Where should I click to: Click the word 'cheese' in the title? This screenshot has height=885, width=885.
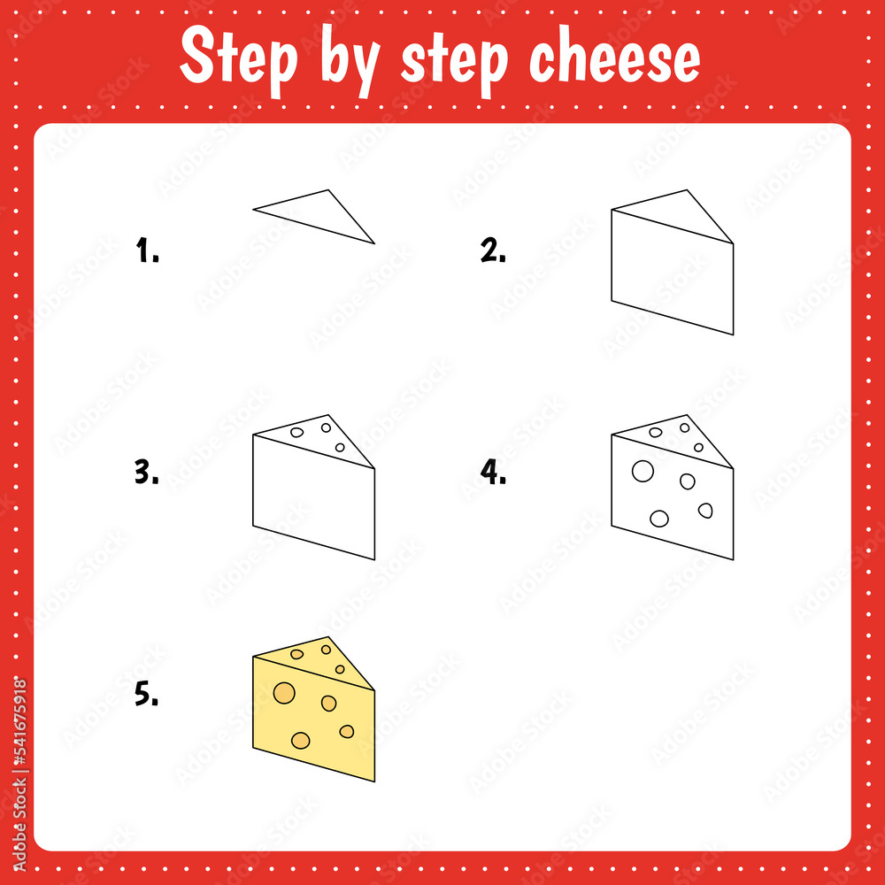[x=614, y=59]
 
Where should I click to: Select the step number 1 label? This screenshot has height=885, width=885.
[x=147, y=252]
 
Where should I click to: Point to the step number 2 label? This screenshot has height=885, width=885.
[x=493, y=252]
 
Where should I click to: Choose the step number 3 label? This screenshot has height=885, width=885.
[x=147, y=473]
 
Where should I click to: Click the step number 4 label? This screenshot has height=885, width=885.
[x=493, y=473]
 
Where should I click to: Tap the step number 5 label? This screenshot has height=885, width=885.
[x=147, y=696]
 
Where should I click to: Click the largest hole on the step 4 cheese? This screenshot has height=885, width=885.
[x=643, y=471]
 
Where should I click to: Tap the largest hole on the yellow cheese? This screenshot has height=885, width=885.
[x=284, y=692]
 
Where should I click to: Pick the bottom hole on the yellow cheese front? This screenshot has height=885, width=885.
[x=301, y=740]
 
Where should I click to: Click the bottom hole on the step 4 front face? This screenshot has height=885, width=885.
[x=659, y=519]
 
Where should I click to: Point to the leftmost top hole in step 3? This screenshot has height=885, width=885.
[x=297, y=433]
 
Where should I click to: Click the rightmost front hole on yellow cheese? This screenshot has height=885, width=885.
[x=347, y=731]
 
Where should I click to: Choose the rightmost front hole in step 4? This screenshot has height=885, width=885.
[x=705, y=510]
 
